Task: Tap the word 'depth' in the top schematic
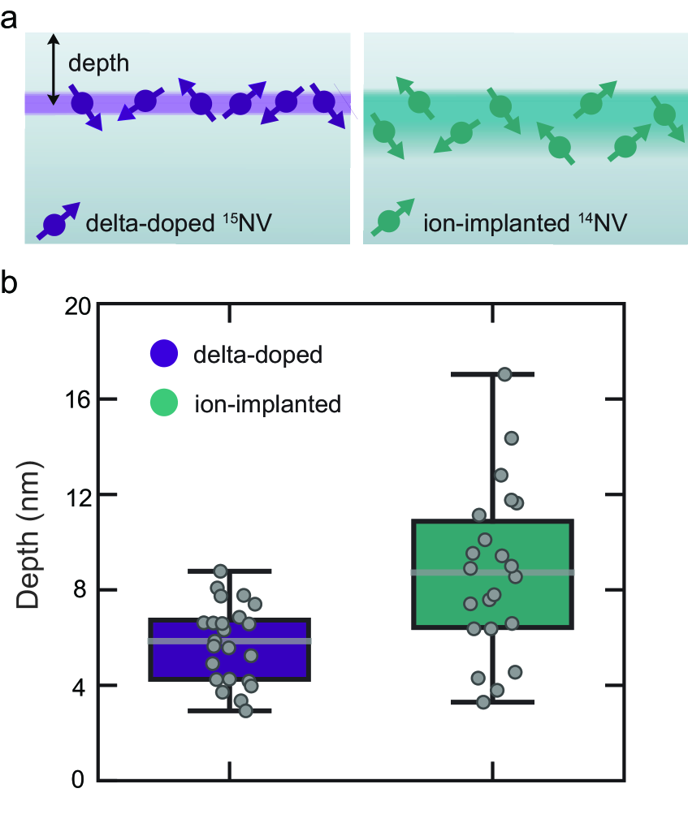tap(97, 62)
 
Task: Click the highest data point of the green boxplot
tap(504, 374)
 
